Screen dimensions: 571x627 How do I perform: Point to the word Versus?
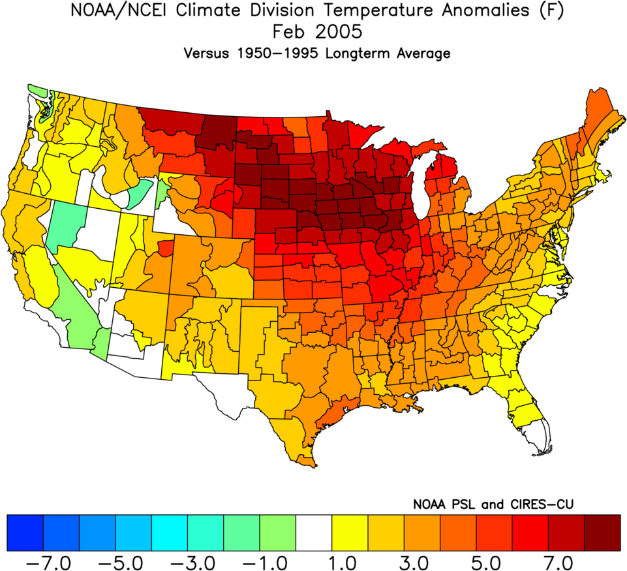207,54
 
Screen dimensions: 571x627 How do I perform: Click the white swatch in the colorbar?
314,532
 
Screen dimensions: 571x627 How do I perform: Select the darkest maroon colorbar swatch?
602,532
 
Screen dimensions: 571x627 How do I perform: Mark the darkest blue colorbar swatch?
25,532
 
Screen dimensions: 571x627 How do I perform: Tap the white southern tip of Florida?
538,437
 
